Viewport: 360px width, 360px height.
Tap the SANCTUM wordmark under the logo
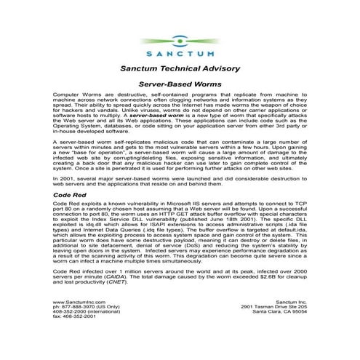click(x=179, y=53)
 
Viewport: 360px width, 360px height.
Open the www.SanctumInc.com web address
click(x=81, y=321)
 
